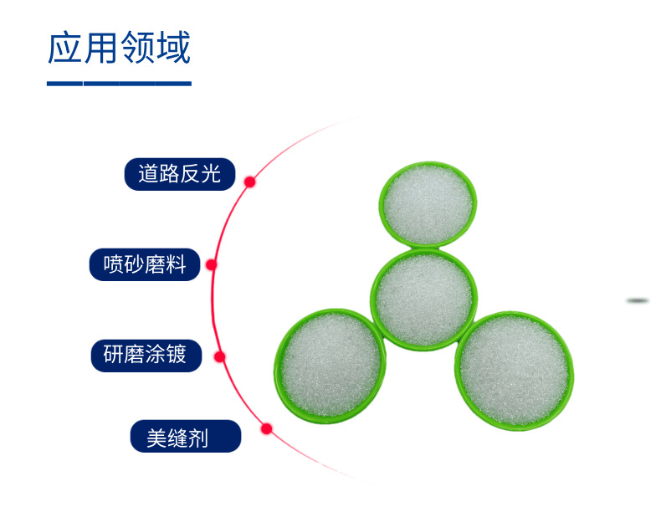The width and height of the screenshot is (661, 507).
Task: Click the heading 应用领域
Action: coord(119,48)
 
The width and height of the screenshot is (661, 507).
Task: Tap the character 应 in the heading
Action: coord(64,48)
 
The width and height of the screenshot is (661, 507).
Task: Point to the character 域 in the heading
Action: coord(174,48)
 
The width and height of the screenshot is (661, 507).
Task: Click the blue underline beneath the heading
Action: coord(119,84)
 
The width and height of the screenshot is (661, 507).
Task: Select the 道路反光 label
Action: coord(179,174)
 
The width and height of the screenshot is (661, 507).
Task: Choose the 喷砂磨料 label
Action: coord(145,265)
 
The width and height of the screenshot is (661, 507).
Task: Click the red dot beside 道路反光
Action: coord(249,181)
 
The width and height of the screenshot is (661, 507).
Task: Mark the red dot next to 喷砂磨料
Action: coord(212,264)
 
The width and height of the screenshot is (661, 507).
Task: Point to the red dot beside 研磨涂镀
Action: coord(220,356)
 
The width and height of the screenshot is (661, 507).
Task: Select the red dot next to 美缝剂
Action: coord(267,429)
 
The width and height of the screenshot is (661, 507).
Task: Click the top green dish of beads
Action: coord(428,204)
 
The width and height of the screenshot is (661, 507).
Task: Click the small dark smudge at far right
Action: coord(638,300)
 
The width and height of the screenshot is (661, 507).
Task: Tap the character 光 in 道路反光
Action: coord(210,174)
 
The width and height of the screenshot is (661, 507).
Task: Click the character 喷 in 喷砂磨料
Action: coord(113,265)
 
